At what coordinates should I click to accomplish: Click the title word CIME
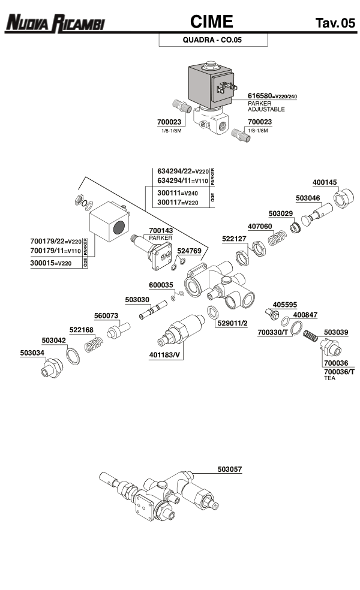coord(211,23)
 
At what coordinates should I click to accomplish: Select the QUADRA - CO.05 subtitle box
coord(212,41)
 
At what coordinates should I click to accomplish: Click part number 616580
coord(260,96)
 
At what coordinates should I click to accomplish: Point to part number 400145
coord(325,182)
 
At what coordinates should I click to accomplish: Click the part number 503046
coord(308,198)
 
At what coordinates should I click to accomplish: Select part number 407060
coord(260,227)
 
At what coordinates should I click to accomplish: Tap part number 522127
coord(234,239)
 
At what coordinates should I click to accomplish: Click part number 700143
coord(161,230)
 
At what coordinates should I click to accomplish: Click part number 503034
coord(32,353)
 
